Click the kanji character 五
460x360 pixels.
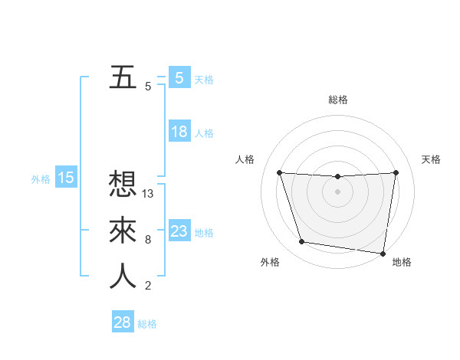click(x=123, y=77)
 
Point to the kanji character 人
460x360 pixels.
click(x=123, y=276)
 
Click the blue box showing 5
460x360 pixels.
click(x=179, y=77)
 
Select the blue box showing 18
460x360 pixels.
click(x=179, y=132)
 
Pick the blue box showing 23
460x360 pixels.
click(x=179, y=231)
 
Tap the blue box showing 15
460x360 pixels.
click(x=66, y=178)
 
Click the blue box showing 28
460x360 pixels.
click(x=123, y=322)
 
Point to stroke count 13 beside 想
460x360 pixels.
click(x=149, y=194)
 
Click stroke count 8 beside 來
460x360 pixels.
click(x=148, y=240)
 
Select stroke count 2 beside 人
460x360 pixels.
click(x=148, y=286)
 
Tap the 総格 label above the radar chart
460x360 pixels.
click(x=338, y=100)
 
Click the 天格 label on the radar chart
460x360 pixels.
click(x=432, y=159)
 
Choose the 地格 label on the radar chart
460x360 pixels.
click(x=401, y=262)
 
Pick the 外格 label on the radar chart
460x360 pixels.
click(x=269, y=262)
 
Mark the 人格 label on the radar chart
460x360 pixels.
click(x=245, y=159)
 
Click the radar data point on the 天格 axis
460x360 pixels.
click(x=396, y=172)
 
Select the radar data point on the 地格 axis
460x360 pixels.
click(x=383, y=253)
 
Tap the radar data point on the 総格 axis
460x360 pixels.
click(x=337, y=176)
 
